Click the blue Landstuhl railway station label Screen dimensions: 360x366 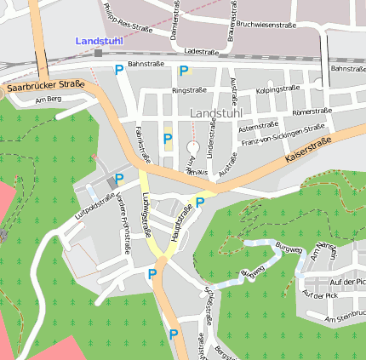click(x=99, y=41)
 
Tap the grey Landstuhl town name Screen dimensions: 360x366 click(x=217, y=113)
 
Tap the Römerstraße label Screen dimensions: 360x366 click(x=310, y=111)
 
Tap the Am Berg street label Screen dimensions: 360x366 click(x=49, y=101)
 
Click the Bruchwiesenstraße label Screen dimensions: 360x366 click(x=266, y=25)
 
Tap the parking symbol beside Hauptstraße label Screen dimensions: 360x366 click(x=200, y=202)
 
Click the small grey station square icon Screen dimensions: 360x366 click(x=99, y=53)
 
